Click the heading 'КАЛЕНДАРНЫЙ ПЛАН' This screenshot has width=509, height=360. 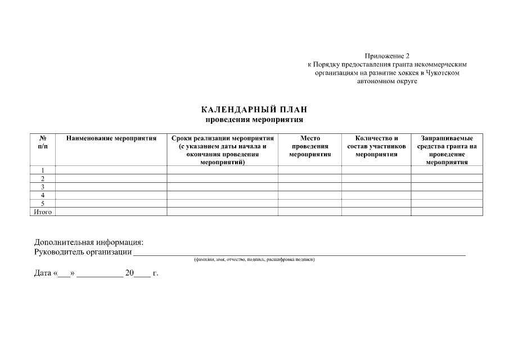coord(254,110)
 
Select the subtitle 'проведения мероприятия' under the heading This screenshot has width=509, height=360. coord(254,119)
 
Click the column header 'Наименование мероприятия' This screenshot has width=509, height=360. coord(111,138)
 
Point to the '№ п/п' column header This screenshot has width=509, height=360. coord(42,142)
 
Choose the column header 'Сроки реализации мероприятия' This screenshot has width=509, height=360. coord(223,150)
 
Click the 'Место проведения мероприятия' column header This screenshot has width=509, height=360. coord(310,146)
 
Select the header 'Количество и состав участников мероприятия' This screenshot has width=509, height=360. coord(376,146)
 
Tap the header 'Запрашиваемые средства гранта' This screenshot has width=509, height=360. coord(447,150)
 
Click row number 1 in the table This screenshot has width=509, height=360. coord(42,170)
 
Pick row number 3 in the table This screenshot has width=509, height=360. coord(42,187)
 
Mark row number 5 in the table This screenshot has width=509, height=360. coord(42,204)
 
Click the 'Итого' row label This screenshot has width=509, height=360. coord(42,212)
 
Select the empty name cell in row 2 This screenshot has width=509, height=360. coord(111,178)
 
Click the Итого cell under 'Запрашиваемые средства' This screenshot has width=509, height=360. coord(447,212)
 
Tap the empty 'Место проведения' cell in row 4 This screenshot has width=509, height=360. coord(310,195)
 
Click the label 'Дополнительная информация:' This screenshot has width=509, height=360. coord(89,242)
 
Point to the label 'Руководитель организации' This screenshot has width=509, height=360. coord(83,252)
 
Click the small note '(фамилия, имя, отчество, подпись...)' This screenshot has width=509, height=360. coord(254,259)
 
